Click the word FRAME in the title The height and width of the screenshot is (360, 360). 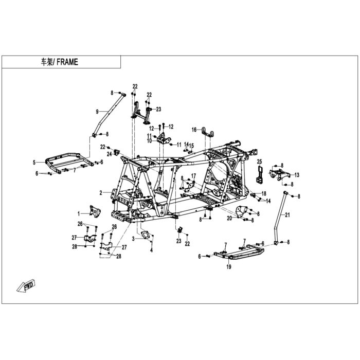67,62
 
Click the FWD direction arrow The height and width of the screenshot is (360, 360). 26,286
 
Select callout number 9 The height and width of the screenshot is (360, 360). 97,112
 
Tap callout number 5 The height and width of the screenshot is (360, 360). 34,163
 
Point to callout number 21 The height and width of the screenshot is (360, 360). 287,215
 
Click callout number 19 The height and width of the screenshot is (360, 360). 229,266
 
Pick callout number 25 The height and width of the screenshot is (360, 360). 259,161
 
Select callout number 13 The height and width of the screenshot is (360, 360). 297,175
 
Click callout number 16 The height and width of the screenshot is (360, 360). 194,130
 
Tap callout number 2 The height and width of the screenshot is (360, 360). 101,193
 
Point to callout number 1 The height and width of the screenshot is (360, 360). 79,214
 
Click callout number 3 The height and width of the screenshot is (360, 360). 133,239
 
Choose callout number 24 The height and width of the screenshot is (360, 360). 110,154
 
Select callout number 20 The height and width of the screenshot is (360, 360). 229,218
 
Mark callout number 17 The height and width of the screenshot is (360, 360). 193,176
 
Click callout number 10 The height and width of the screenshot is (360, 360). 150,140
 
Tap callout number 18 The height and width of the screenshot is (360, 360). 263,193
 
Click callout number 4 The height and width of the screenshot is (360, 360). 152,250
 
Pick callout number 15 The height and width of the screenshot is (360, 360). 191,146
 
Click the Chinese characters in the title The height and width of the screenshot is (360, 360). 47,62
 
